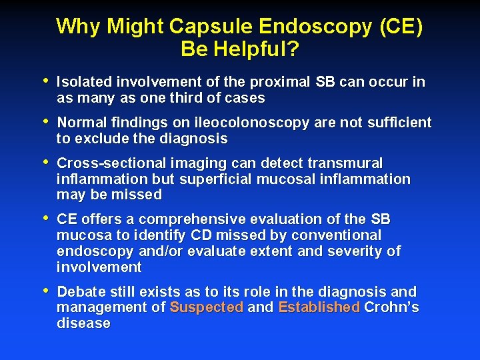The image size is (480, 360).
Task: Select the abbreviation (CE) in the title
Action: click(x=401, y=27)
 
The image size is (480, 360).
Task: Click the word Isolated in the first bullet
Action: click(x=85, y=82)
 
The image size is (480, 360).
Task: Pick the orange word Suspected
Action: click(x=206, y=307)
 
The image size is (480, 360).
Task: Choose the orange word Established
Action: click(x=319, y=307)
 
